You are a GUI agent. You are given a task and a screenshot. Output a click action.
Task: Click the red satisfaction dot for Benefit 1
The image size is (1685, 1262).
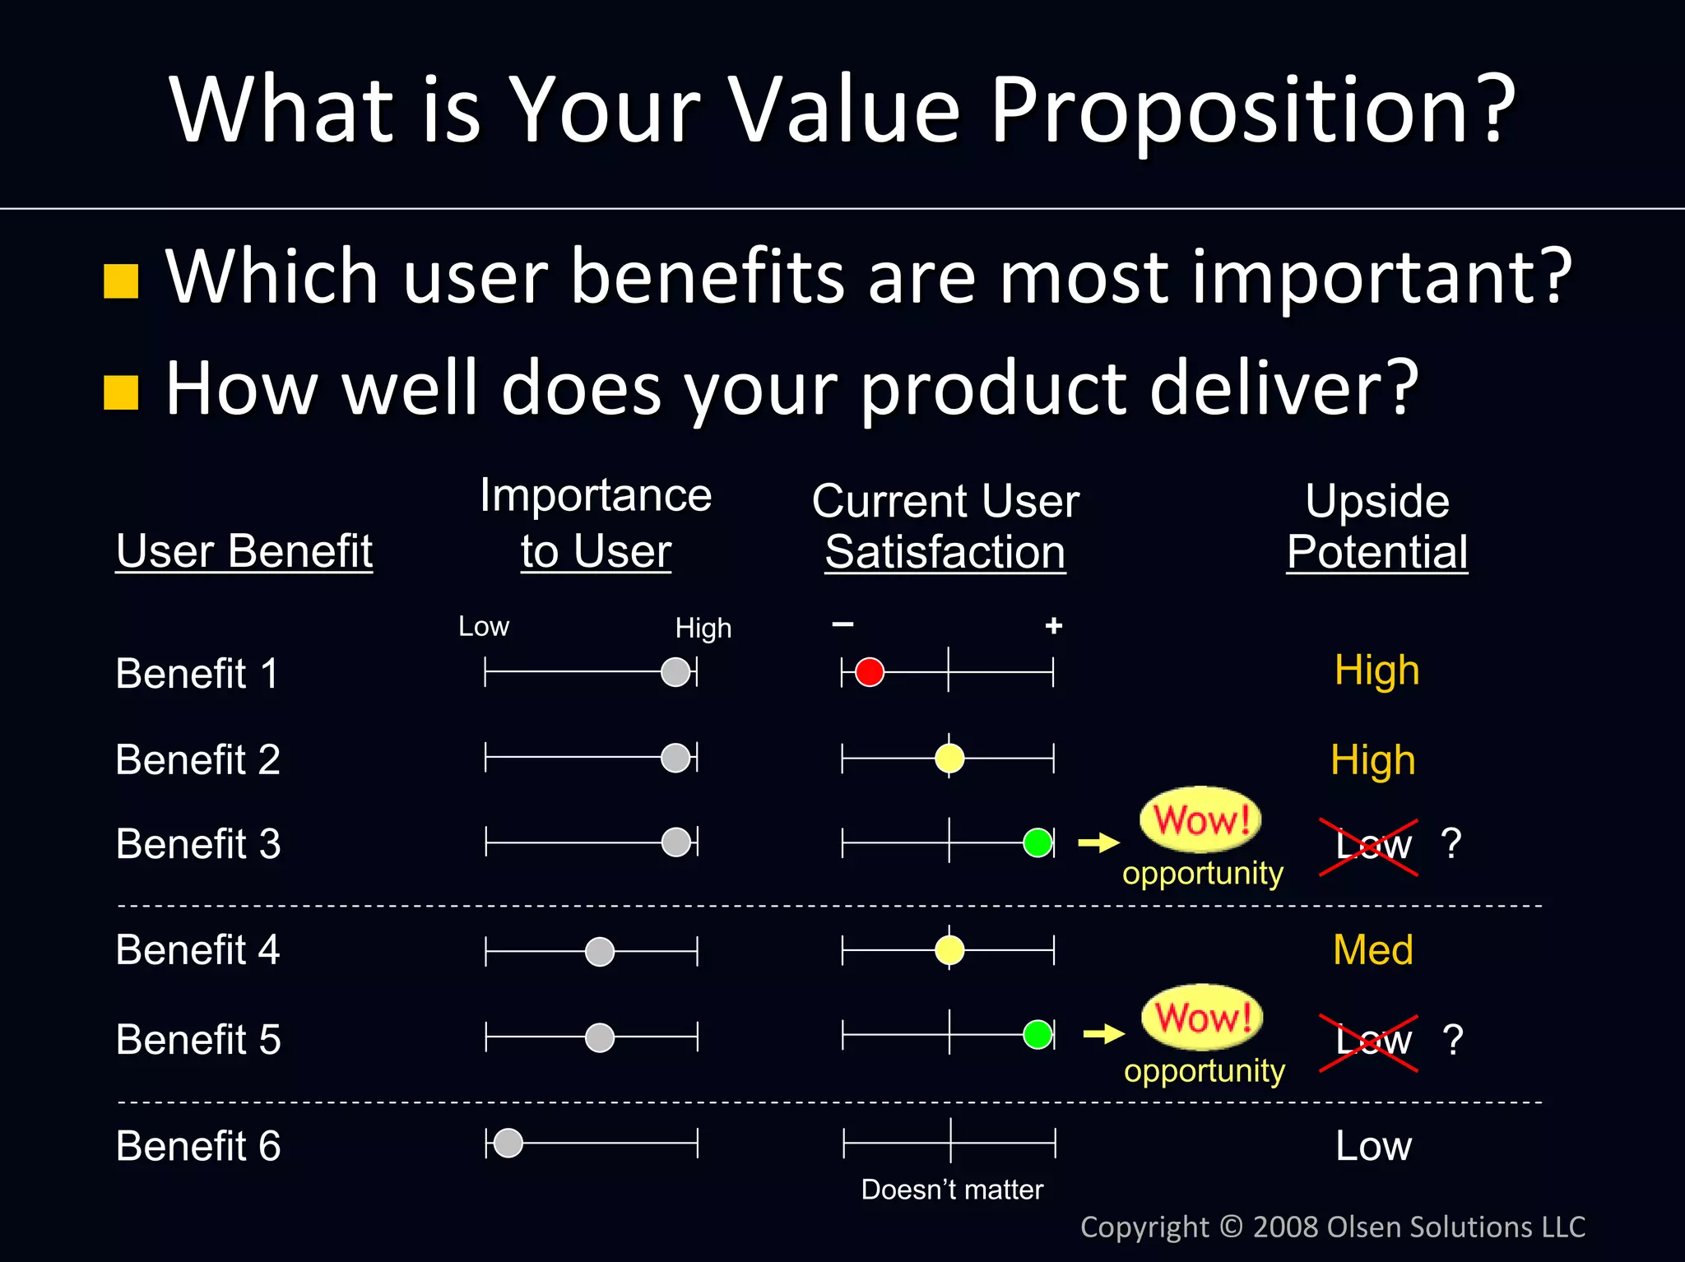point(869,671)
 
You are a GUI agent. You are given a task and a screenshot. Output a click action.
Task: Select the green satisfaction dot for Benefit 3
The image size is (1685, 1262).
point(1037,842)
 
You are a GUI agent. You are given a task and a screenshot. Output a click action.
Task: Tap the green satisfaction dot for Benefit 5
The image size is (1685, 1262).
point(1037,1034)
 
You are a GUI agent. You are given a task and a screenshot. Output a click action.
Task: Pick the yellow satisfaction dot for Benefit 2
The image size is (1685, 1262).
point(949,758)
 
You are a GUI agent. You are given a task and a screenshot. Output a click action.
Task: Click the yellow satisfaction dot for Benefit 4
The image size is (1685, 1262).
point(949,950)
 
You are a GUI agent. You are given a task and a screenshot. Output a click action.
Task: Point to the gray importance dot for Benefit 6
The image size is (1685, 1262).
point(508,1143)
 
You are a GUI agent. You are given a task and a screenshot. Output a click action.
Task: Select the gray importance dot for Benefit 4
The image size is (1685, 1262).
point(600,952)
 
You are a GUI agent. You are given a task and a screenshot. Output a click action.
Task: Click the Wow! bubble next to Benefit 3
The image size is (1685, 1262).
point(1200,819)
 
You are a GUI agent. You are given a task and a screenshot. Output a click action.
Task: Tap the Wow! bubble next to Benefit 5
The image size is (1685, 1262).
point(1202,1017)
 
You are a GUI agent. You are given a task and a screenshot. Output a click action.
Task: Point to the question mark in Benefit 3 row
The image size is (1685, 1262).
point(1451,843)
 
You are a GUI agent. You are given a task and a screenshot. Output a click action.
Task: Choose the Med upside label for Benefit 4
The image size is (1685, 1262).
point(1372,950)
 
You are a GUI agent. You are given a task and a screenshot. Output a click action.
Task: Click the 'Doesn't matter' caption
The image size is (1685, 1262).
point(952,1190)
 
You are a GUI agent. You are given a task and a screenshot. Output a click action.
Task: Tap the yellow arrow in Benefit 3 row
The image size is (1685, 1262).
point(1099,842)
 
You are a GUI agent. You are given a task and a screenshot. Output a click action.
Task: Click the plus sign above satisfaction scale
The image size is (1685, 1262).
point(1054,626)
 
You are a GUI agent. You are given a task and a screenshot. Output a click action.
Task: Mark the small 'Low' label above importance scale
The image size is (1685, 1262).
point(484,627)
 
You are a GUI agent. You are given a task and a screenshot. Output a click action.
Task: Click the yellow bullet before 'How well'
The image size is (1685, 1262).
point(121,392)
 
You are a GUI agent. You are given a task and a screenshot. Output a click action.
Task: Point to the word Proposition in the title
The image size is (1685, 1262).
point(1252,111)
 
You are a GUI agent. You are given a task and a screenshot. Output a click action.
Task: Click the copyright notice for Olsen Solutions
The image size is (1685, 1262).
point(1332,1227)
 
